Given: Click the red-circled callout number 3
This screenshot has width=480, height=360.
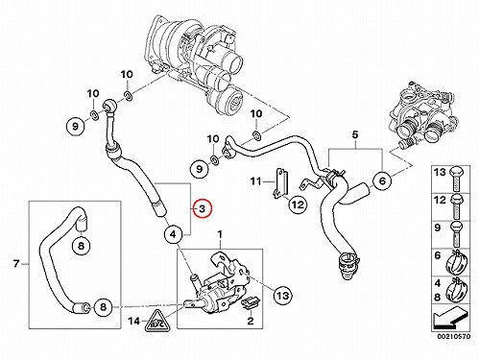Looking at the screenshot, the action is click(x=202, y=208).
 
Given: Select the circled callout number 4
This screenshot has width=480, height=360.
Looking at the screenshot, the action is click(x=173, y=234).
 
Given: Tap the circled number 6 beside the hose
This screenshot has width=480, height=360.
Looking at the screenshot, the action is click(x=382, y=180).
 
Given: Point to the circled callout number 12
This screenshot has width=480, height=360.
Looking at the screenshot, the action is click(x=298, y=204).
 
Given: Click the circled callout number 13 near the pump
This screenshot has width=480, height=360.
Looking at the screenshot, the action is click(x=283, y=295).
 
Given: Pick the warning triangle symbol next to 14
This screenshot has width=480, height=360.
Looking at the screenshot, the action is click(x=156, y=321).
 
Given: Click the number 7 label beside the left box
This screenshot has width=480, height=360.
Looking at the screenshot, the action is click(x=16, y=264).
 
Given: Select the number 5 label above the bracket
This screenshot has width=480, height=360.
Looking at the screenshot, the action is click(x=355, y=134).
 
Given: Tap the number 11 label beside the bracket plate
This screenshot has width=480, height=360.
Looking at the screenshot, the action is click(x=255, y=181).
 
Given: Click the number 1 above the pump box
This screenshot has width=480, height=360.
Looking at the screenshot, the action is click(x=220, y=235).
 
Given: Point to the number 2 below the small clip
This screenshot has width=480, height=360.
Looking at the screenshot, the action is click(x=251, y=321).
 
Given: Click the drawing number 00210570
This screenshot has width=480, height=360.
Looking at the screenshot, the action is click(x=454, y=336).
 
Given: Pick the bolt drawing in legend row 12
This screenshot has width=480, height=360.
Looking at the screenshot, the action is click(x=457, y=206).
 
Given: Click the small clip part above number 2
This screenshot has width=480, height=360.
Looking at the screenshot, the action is click(x=251, y=303).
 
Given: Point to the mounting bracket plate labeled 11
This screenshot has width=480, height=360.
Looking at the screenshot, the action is click(x=280, y=184).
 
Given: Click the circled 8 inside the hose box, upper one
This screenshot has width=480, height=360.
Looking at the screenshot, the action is click(x=81, y=246).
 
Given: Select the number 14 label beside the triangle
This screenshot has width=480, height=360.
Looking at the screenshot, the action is click(x=134, y=321).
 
